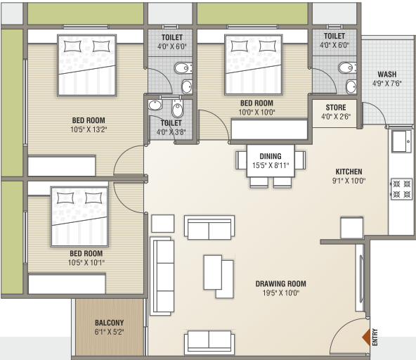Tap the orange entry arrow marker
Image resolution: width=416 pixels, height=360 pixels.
click(365, 338)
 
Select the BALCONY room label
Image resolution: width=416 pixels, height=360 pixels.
click(109, 323)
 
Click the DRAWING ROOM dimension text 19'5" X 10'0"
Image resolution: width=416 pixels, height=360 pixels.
click(280, 293)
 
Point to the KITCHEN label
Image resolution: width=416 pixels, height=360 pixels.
click(349, 172)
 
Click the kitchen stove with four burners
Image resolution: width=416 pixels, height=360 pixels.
click(401, 188)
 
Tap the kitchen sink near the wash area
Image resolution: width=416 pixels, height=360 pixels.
click(402, 141)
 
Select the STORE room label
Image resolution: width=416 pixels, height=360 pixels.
click(334, 108)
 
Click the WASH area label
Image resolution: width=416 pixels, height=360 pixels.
click(386, 75)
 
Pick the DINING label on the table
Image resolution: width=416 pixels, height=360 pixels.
click(271, 156)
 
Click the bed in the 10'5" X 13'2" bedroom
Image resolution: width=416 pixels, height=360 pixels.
click(87, 65)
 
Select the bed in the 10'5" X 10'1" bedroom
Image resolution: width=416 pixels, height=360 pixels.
click(79, 215)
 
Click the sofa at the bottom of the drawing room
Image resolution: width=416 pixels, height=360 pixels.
click(209, 343)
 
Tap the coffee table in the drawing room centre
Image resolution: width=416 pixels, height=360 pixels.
click(218, 275)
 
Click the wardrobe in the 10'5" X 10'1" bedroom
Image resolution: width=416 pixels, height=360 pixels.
click(67, 283)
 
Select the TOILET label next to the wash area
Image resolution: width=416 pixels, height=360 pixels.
click(334, 36)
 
